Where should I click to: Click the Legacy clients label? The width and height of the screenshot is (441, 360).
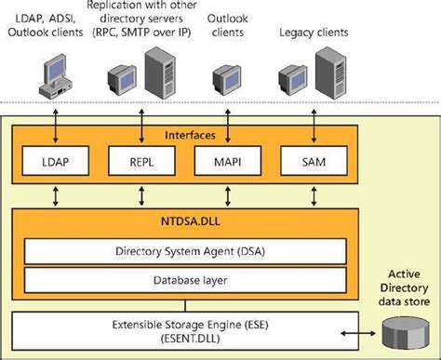point(314,33)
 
